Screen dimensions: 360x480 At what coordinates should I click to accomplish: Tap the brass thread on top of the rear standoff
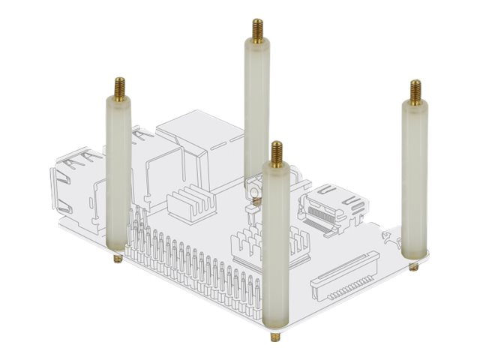[x=256, y=31]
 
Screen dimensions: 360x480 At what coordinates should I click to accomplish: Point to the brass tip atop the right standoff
[x=415, y=91]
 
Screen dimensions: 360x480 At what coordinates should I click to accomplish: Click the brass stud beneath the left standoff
[x=118, y=259]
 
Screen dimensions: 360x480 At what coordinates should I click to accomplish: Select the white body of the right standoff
[x=415, y=180]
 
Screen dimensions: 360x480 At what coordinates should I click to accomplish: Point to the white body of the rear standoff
[x=256, y=112]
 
